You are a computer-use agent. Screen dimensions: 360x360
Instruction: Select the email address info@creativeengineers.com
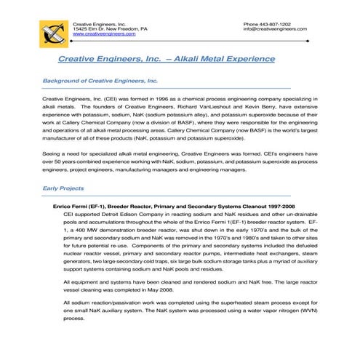pyautogui.click(x=274, y=29)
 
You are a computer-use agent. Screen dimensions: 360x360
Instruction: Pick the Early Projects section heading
pyautogui.click(x=63, y=188)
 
